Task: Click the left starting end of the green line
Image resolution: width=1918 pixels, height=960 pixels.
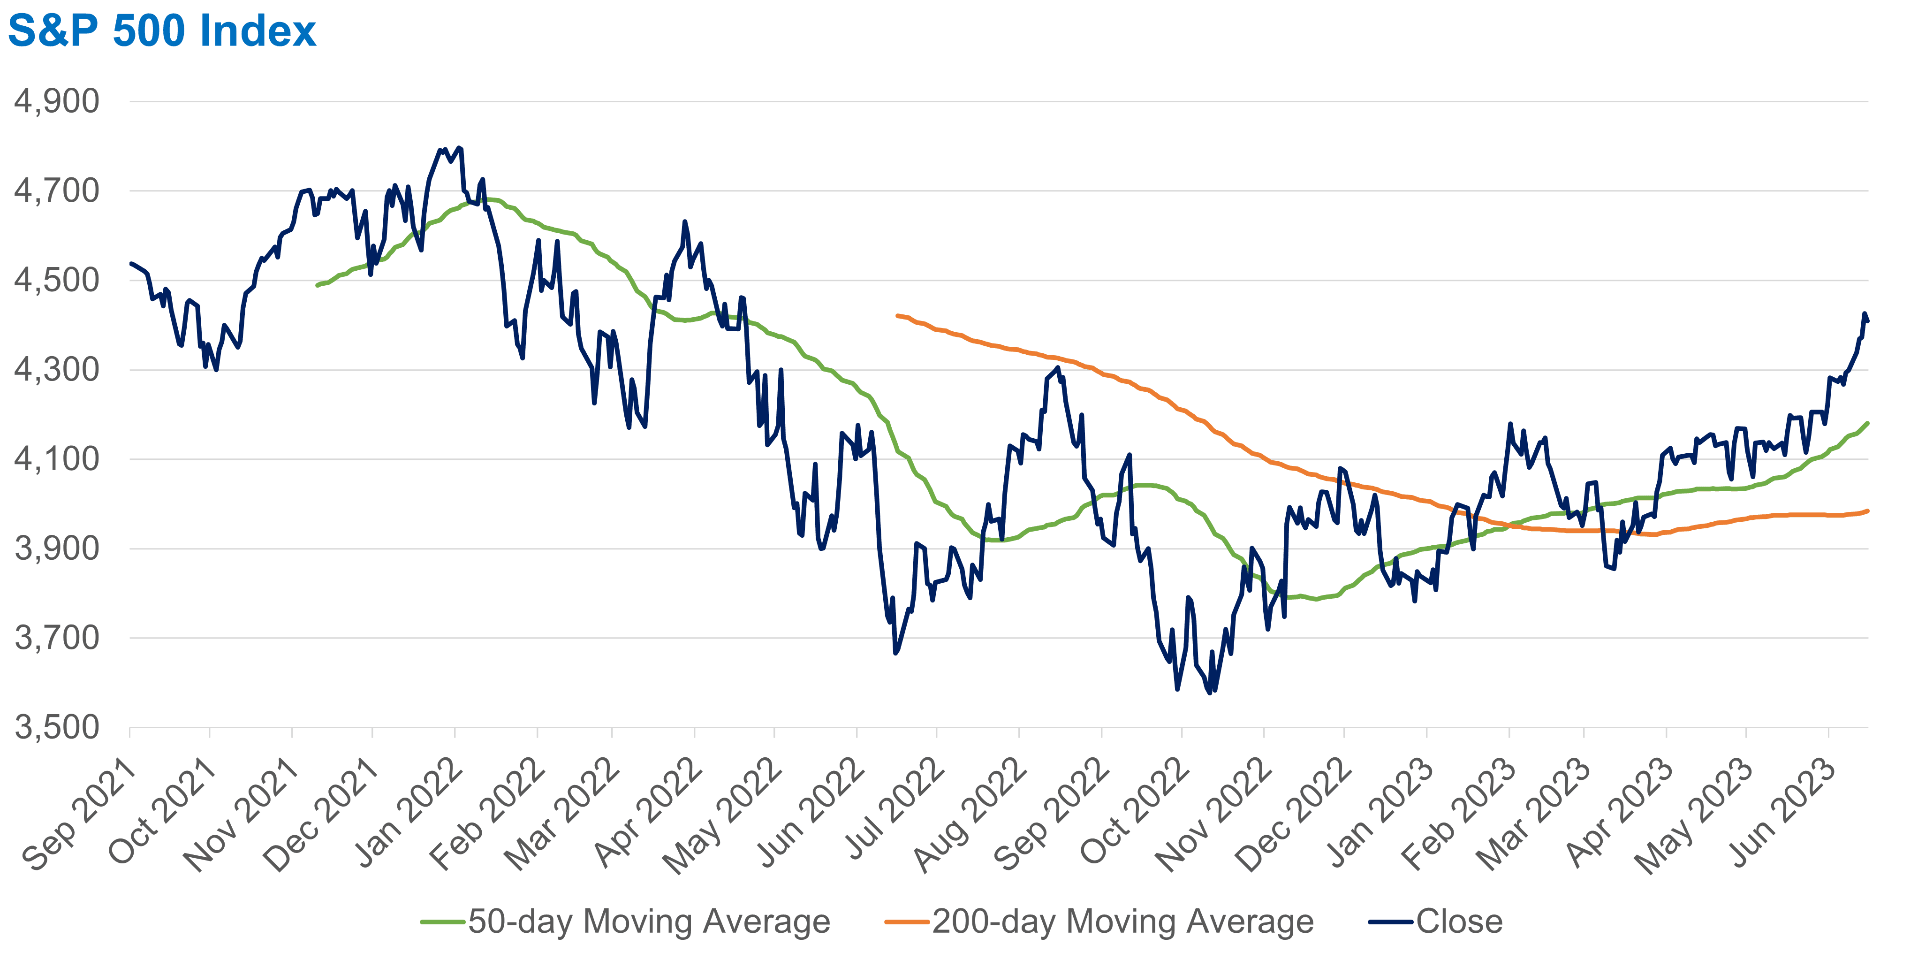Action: [317, 285]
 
